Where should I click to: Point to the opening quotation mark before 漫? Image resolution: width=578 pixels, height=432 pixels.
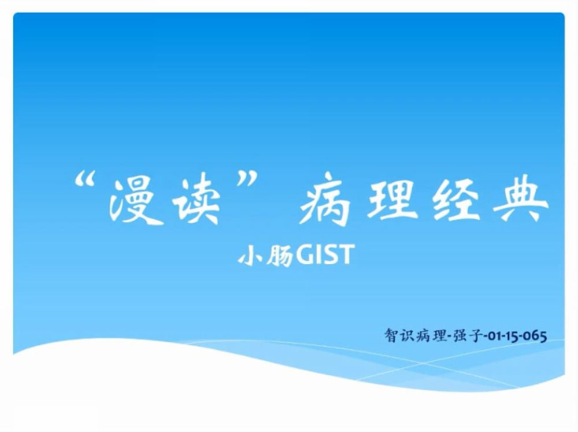point(85,180)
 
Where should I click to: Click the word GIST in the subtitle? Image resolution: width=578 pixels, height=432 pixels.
point(325,254)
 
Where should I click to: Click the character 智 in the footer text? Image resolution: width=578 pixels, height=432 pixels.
point(391,335)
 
